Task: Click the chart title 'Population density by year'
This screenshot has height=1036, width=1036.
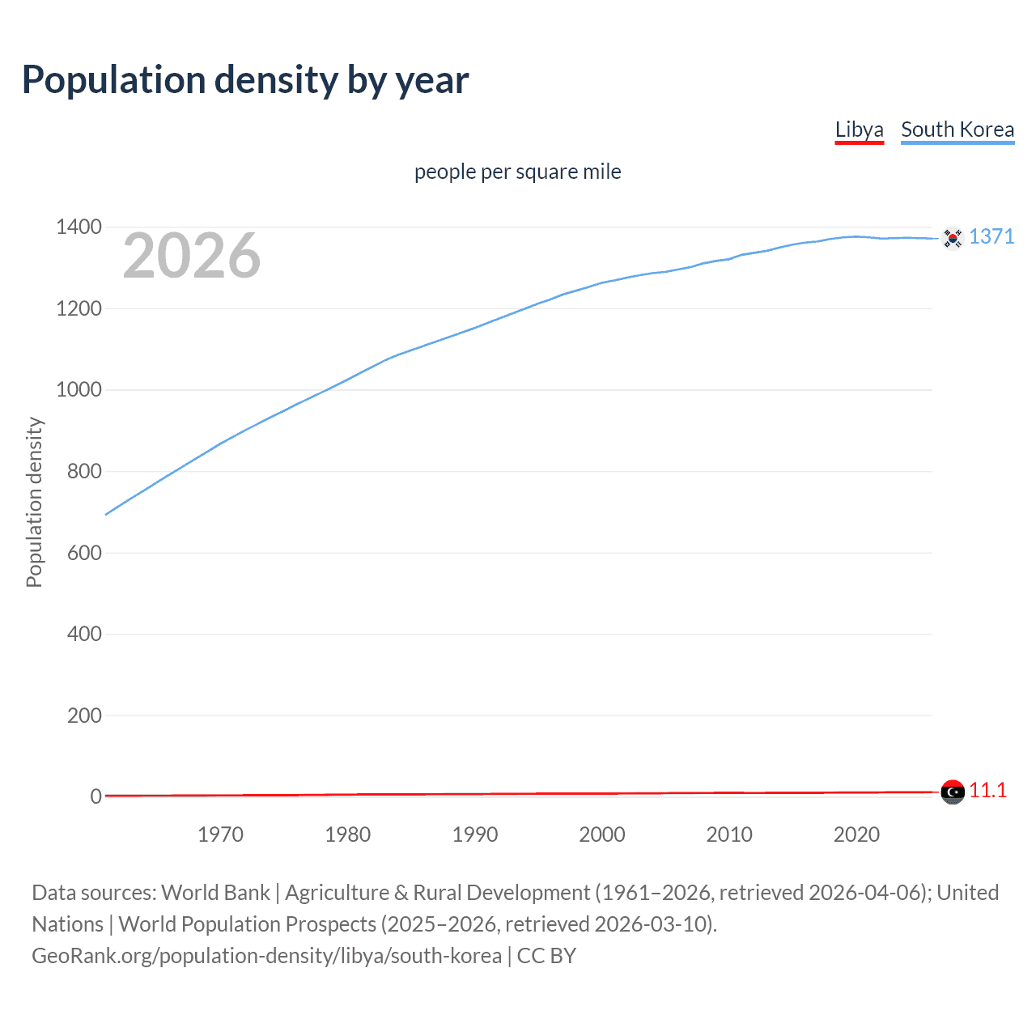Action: click(245, 80)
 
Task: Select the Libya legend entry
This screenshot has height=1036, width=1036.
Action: click(859, 129)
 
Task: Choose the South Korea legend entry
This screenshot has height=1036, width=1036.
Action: click(957, 129)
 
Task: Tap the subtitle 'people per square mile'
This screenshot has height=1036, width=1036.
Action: click(517, 172)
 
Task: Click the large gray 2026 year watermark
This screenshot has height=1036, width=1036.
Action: click(192, 256)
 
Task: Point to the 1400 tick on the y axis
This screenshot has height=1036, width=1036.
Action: click(79, 227)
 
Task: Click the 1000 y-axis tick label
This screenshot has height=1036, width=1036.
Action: click(79, 389)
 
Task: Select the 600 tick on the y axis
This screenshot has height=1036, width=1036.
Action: click(84, 553)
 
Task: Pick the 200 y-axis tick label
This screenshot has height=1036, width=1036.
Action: click(84, 715)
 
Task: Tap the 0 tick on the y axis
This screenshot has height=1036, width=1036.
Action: click(96, 796)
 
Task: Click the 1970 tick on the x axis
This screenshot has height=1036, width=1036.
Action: click(220, 834)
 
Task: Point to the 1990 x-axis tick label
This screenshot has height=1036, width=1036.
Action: click(475, 834)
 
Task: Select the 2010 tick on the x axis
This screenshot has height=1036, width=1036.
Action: click(729, 834)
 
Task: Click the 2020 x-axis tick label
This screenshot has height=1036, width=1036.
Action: click(856, 834)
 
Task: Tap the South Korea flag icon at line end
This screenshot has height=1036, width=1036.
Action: click(953, 238)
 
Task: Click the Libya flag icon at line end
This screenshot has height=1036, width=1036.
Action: click(953, 792)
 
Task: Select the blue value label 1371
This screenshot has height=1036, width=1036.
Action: click(991, 236)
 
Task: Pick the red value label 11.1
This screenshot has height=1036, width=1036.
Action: click(988, 791)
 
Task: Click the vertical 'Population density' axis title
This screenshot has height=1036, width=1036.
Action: click(34, 502)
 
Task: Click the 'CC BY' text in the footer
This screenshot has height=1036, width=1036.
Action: click(546, 956)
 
